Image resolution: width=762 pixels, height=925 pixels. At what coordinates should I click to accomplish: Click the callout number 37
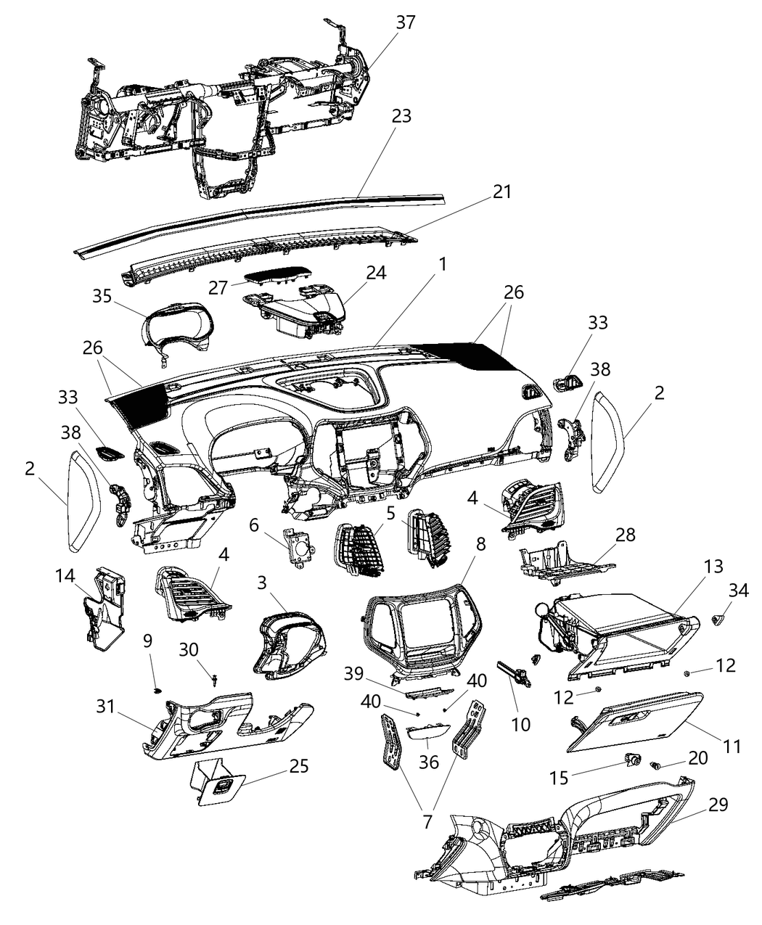[x=405, y=22]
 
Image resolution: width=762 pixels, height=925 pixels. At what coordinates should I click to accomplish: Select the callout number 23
[x=401, y=115]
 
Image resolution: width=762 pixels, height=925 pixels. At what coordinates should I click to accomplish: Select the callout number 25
[x=298, y=766]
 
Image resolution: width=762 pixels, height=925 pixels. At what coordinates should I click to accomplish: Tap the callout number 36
[x=428, y=762]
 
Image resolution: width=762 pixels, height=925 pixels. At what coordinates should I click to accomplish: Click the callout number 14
[x=65, y=576]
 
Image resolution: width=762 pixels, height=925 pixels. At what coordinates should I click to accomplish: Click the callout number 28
[x=625, y=535]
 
